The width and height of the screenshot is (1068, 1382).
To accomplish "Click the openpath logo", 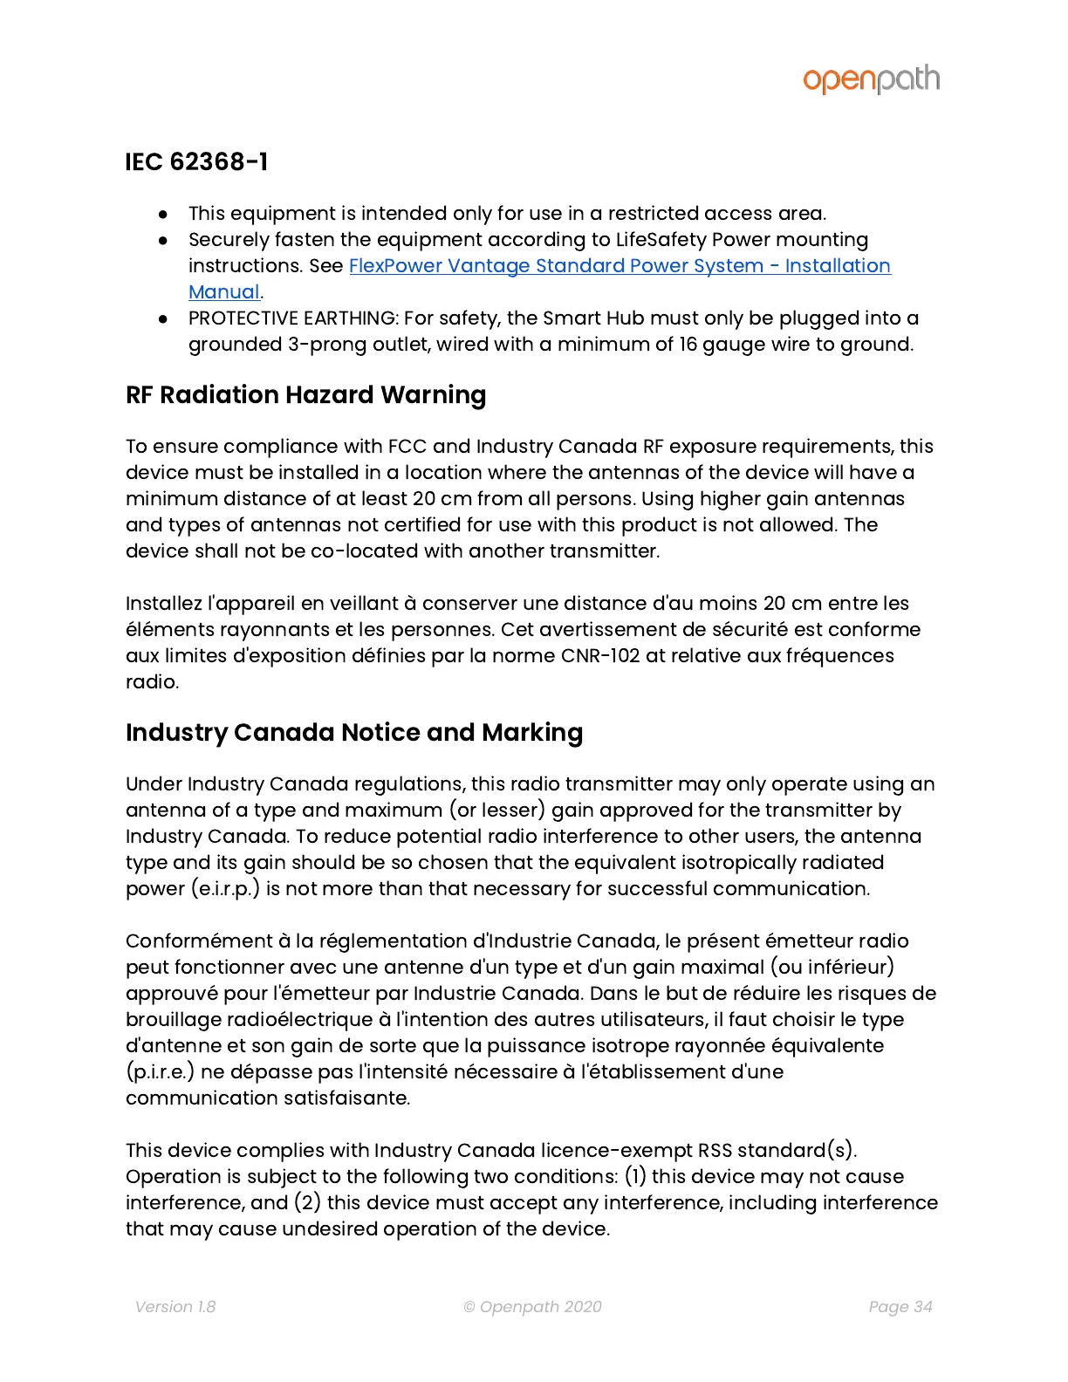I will [871, 79].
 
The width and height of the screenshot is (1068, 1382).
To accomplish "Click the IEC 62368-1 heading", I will [196, 162].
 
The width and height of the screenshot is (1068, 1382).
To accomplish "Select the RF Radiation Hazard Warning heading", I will [305, 395].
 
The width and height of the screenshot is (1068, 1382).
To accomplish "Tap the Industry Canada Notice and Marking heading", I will [353, 733].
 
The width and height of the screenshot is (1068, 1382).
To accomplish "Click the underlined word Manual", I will [224, 292].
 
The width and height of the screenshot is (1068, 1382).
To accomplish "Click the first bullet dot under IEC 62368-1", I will [163, 214].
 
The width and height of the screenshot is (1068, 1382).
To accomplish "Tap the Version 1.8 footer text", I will [175, 1307].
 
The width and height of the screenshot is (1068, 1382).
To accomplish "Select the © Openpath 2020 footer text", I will [532, 1307].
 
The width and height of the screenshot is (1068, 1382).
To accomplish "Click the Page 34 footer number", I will [900, 1307].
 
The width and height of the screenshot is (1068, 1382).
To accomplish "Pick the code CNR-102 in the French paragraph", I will [600, 656].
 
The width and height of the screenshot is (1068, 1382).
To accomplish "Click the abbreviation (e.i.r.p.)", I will [225, 889].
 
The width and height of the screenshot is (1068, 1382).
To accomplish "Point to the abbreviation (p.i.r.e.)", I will [160, 1072].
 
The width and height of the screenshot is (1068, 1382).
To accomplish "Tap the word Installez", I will [164, 604].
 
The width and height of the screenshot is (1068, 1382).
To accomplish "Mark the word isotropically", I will [743, 863].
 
